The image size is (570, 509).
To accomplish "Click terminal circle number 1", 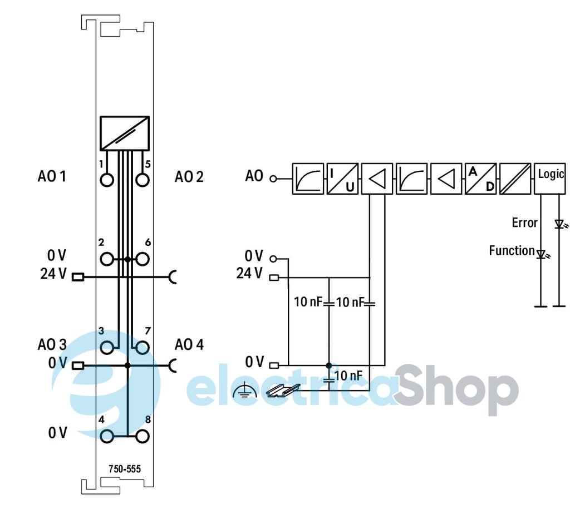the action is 107,180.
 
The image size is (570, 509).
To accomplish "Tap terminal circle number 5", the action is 142,180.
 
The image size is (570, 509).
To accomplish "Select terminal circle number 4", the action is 107,436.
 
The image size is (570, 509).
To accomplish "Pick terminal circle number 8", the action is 142,436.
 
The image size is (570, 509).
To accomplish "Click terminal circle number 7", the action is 142,348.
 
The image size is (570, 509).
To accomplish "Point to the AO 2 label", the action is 189,176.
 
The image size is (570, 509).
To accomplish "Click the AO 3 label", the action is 52,344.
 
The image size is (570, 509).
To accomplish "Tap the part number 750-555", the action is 124,469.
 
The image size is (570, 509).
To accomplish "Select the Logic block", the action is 549,179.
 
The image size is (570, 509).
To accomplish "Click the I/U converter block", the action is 342,179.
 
